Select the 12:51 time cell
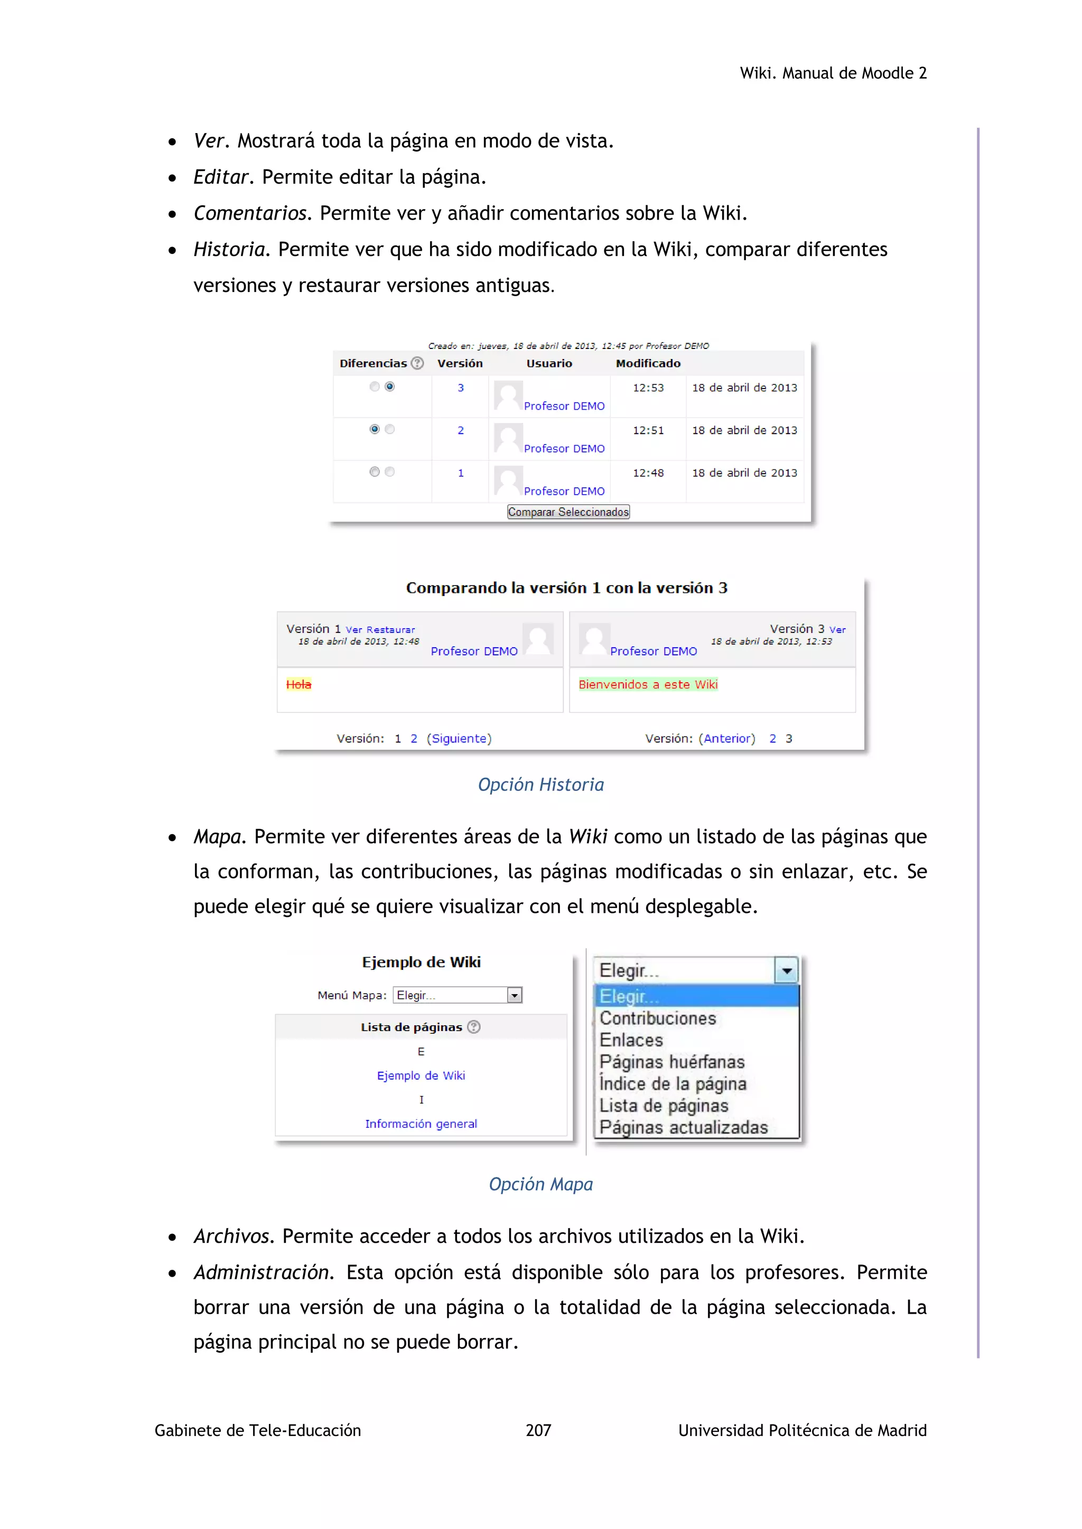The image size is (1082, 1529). click(648, 430)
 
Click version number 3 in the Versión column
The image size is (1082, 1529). click(460, 388)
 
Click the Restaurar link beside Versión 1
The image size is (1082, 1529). click(390, 630)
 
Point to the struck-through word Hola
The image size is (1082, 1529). click(299, 685)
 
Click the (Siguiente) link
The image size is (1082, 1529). click(459, 739)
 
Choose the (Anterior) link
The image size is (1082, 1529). click(729, 739)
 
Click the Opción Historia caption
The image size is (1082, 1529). click(540, 785)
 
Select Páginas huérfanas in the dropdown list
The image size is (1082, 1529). click(671, 1062)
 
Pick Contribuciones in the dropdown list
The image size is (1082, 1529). click(658, 1018)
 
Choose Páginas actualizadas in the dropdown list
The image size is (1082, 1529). click(684, 1127)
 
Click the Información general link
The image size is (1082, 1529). click(421, 1124)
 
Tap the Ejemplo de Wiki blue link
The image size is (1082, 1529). click(421, 1076)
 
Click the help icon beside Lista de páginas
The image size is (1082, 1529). click(474, 1027)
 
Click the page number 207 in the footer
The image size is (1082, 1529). click(538, 1430)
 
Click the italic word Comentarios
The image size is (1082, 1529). click(250, 213)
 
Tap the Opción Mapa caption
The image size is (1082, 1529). click(540, 1184)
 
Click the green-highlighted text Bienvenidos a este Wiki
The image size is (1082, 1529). click(648, 685)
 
